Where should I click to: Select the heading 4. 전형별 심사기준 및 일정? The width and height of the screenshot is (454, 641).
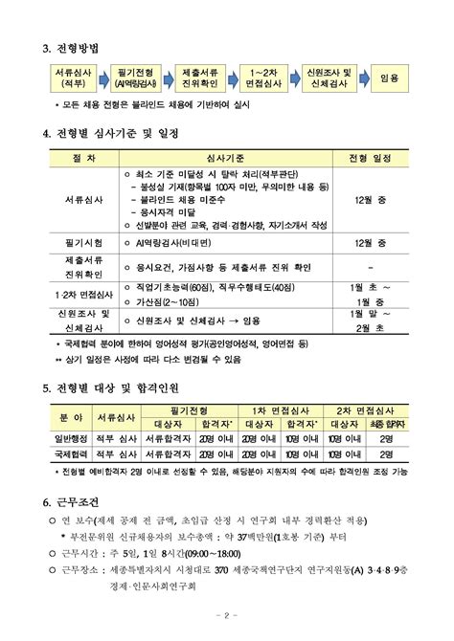pyautogui.click(x=125, y=133)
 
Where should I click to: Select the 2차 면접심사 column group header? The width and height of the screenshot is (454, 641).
pyautogui.click(x=366, y=409)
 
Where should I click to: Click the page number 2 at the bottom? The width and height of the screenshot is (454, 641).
pyautogui.click(x=227, y=615)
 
